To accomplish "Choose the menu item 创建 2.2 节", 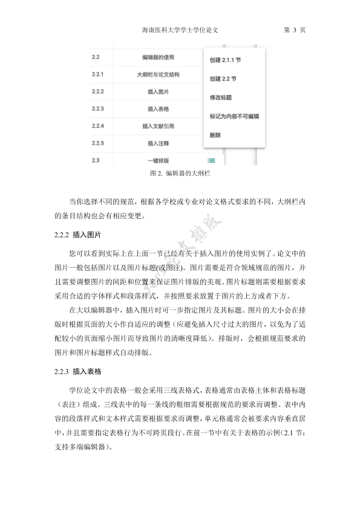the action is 223,79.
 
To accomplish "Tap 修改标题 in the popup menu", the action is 221,97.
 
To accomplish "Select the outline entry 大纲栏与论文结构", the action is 158,75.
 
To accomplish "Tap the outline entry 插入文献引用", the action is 158,126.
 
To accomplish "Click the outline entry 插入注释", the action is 158,143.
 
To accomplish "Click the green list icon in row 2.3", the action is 211,160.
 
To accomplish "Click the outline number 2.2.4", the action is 98,126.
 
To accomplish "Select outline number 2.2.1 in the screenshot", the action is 98,75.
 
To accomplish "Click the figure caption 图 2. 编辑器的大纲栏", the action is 179,173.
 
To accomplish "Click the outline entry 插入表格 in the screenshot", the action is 158,109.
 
